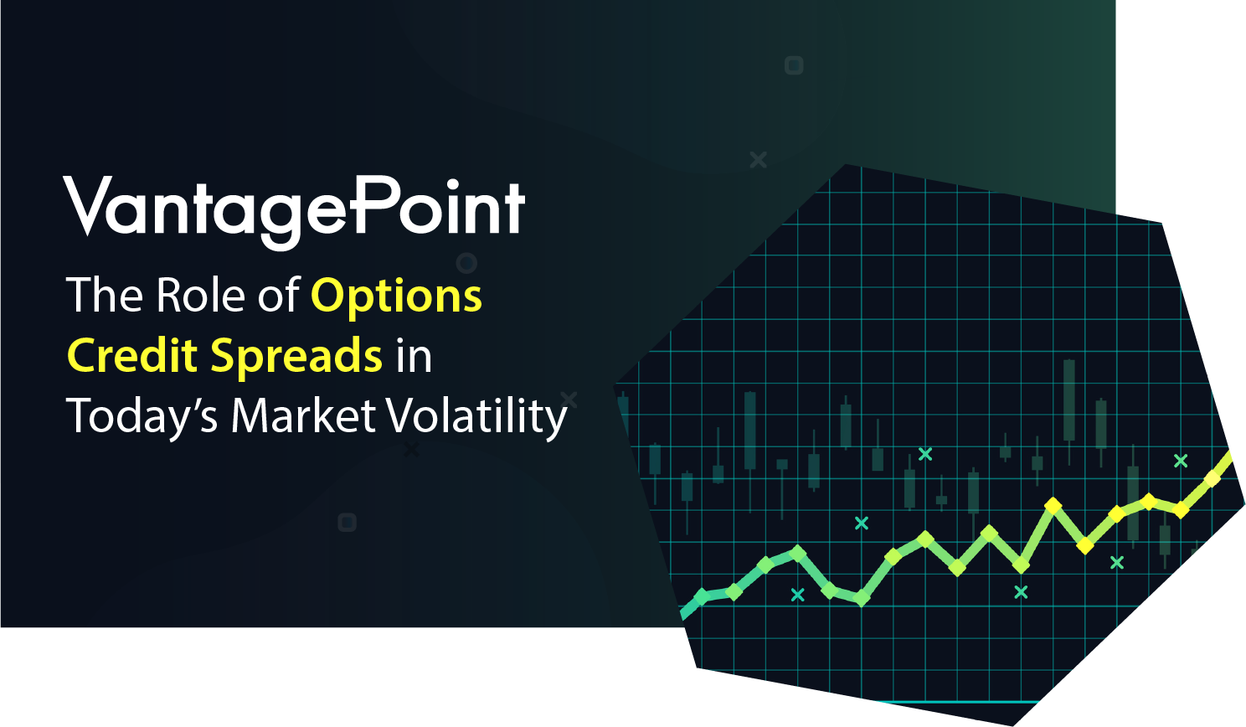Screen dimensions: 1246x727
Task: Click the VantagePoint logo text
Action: pyautogui.click(x=294, y=212)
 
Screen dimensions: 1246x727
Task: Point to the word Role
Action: pyautogui.click(x=200, y=295)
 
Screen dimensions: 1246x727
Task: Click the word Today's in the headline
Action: pyautogui.click(x=142, y=417)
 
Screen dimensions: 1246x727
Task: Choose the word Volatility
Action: pyautogui.click(x=477, y=417)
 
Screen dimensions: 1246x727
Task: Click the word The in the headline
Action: pyautogui.click(x=104, y=295)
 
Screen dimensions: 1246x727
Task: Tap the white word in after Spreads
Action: pyautogui.click(x=414, y=356)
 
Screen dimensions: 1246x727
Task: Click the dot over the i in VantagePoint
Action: pyautogui.click(x=453, y=185)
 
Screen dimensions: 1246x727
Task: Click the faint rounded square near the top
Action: pyautogui.click(x=794, y=65)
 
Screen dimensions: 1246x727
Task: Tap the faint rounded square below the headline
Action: pyautogui.click(x=348, y=523)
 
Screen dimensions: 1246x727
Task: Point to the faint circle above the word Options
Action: pyautogui.click(x=466, y=263)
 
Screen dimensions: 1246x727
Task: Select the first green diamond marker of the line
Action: pyautogui.click(x=702, y=597)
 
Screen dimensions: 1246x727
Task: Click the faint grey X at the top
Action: pyautogui.click(x=758, y=160)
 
